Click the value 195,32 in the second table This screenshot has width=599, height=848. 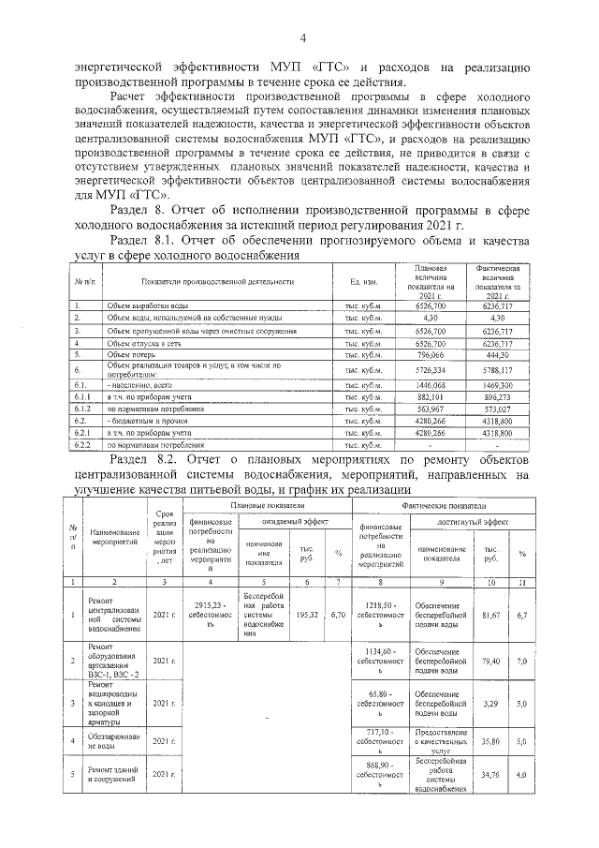(x=306, y=616)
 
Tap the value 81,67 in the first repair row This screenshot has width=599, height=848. (x=488, y=616)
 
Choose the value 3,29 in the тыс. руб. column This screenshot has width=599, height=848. (x=488, y=701)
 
